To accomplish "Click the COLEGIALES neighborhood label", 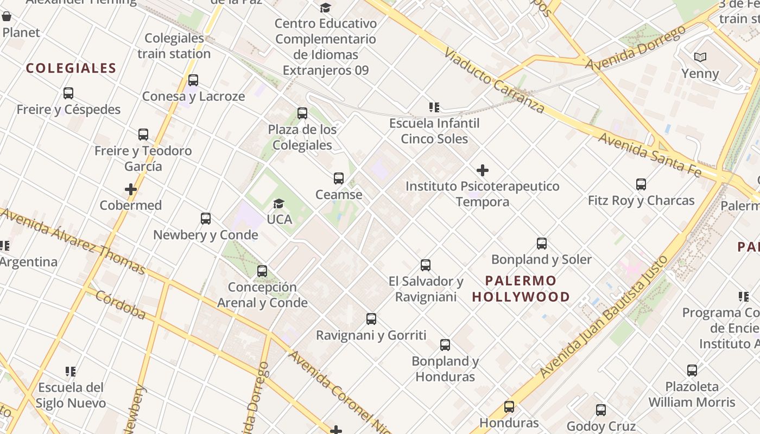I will coord(71,68).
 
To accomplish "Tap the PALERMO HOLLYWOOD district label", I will coord(521,289).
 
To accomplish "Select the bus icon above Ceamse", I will coord(339,178).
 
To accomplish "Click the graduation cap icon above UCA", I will coord(278,203).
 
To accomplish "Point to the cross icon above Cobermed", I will coord(130,189).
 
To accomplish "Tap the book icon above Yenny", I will coord(700,57).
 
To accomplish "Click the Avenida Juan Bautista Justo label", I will coord(603,321).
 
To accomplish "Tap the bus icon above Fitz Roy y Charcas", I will coord(641,184).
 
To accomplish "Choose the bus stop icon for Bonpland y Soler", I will coord(541,244).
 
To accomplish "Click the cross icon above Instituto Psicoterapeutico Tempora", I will coord(482,171).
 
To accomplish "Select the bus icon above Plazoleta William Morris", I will coord(692,371).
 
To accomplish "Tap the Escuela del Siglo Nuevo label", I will coord(71,395).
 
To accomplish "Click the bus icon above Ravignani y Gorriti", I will coord(371,319).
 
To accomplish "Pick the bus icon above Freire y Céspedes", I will coord(68,93).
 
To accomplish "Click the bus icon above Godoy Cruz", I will coord(601,410).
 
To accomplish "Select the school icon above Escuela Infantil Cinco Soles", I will coord(434,107).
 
